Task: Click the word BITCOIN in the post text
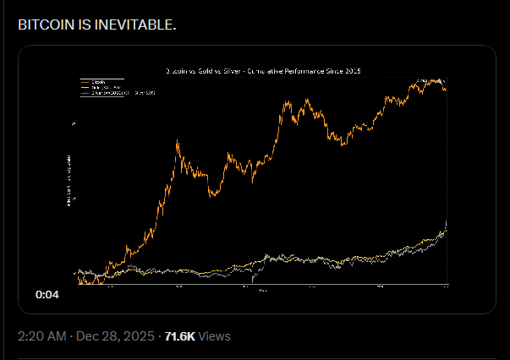(44, 24)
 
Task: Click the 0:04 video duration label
(47, 295)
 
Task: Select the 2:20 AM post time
(42, 336)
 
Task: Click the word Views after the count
(215, 336)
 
